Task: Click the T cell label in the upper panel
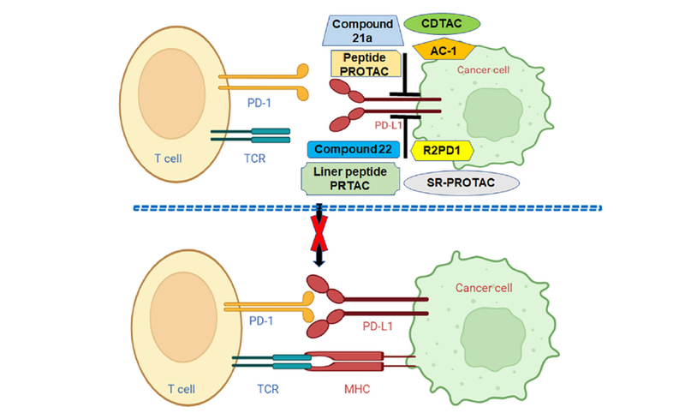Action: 164,162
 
